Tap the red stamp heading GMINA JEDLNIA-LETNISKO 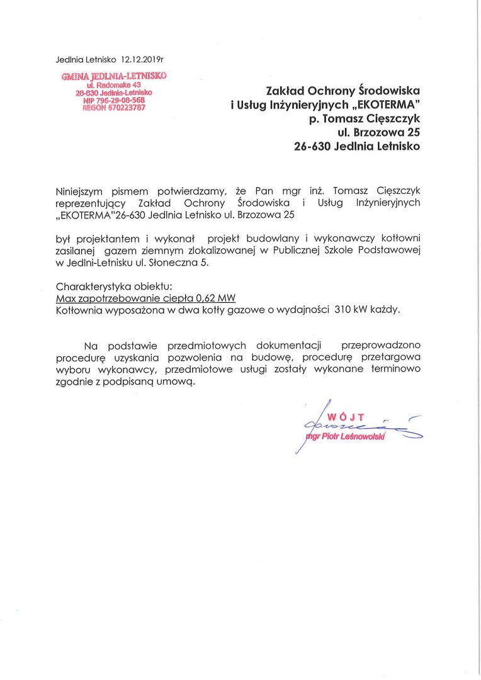113,76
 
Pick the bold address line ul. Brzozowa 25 378,132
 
